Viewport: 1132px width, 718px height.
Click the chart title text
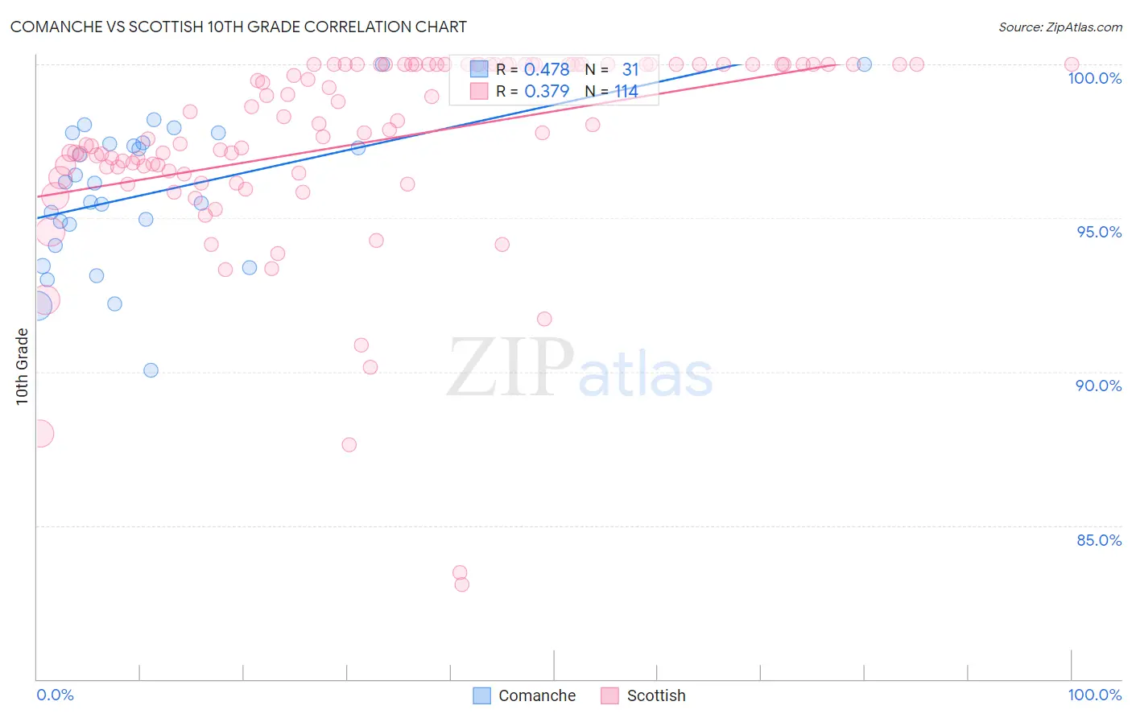(238, 27)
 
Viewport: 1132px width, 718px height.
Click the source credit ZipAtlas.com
(1060, 27)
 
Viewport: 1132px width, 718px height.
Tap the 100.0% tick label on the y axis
(1094, 78)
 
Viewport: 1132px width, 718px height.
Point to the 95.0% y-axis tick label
(1099, 232)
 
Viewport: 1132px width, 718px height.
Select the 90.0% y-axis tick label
(1099, 386)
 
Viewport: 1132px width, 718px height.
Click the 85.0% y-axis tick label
(1099, 540)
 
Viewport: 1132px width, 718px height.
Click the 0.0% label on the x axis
(55, 695)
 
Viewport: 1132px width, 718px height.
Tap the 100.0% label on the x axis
(1094, 695)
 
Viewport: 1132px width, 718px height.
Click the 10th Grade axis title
(22, 366)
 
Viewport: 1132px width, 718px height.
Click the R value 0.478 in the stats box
(547, 70)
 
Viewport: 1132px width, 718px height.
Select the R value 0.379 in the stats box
(547, 92)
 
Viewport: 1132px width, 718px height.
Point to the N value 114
(626, 92)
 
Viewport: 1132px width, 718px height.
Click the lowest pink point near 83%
(461, 584)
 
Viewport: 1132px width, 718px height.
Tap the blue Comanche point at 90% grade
(151, 370)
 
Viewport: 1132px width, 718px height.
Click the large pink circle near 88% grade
(38, 434)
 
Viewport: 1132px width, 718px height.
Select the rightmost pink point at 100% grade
(1072, 64)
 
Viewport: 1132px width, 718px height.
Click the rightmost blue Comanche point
(864, 64)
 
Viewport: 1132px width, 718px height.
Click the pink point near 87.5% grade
(349, 444)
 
